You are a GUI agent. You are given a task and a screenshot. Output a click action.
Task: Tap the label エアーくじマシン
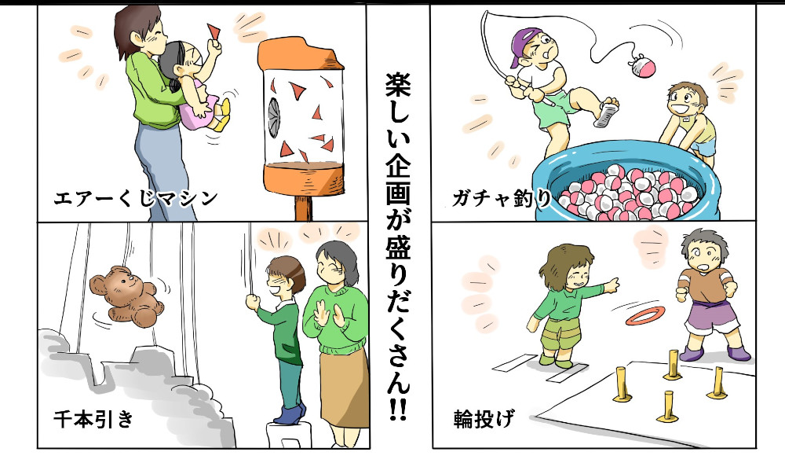pyautogui.click(x=136, y=198)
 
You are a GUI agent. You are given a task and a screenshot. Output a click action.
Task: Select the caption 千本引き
pyautogui.click(x=94, y=418)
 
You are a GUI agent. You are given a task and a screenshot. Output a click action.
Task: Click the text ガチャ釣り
pyautogui.click(x=501, y=198)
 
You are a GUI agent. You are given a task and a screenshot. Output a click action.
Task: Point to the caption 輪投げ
pyautogui.click(x=483, y=418)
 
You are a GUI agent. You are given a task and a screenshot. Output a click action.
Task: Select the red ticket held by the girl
pyautogui.click(x=215, y=32)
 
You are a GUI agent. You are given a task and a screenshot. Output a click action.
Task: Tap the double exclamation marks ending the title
pyautogui.click(x=398, y=410)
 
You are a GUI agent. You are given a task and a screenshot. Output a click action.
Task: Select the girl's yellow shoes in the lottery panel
pyautogui.click(x=222, y=116)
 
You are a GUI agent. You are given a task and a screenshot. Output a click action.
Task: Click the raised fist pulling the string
pyautogui.click(x=253, y=302)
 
